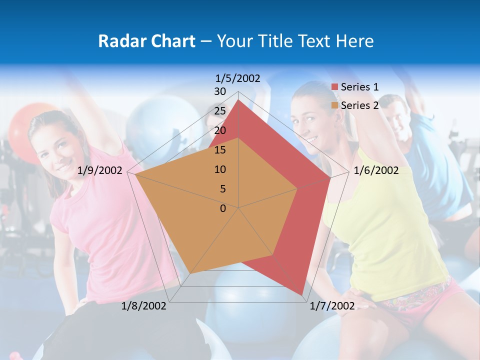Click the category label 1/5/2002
(238, 78)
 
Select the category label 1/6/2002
(376, 170)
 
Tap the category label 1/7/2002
(332, 306)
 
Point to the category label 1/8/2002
(144, 306)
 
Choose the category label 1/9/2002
(100, 170)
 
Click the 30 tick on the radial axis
(220, 91)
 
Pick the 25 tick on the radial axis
(220, 111)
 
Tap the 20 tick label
(220, 130)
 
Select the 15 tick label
(220, 150)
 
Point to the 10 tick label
(220, 169)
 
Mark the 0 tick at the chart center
(223, 208)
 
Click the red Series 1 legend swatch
(335, 87)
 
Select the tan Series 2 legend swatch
(335, 105)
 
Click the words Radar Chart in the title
(146, 41)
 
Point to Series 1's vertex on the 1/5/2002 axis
(238, 100)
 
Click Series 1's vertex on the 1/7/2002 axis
(301, 295)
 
